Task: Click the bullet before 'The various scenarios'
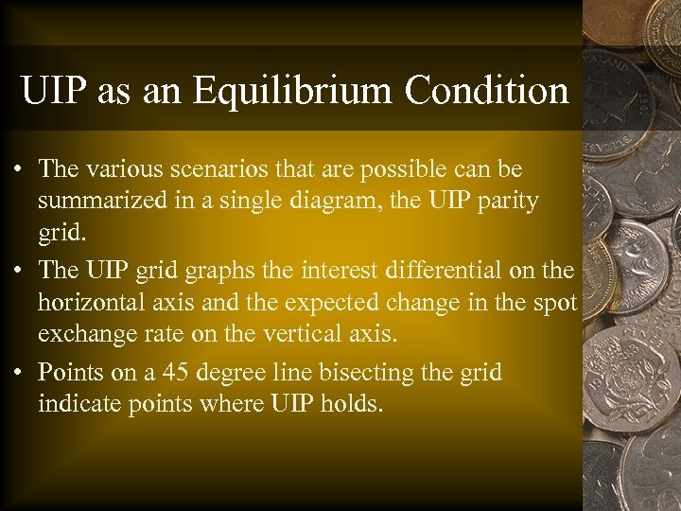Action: (19, 170)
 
